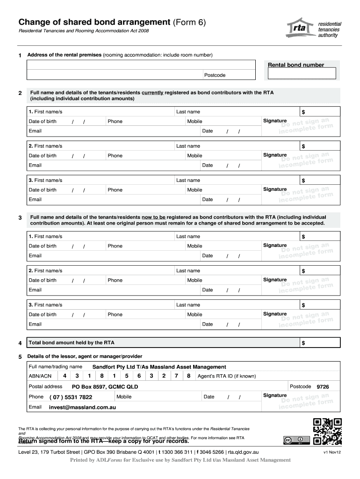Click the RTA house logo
300,29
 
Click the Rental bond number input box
302,74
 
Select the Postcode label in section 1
215,75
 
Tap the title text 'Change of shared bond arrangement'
94,22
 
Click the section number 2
20,93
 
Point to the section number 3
20,218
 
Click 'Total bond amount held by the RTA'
65,343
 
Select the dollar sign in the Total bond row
303,343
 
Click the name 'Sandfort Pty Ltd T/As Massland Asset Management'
159,367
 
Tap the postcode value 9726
323,387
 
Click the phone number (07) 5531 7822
71,397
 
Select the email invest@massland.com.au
82,407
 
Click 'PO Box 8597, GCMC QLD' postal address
105,387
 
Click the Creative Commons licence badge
296,440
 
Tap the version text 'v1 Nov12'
332,452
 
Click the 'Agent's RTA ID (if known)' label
227,376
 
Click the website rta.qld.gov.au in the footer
243,452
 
